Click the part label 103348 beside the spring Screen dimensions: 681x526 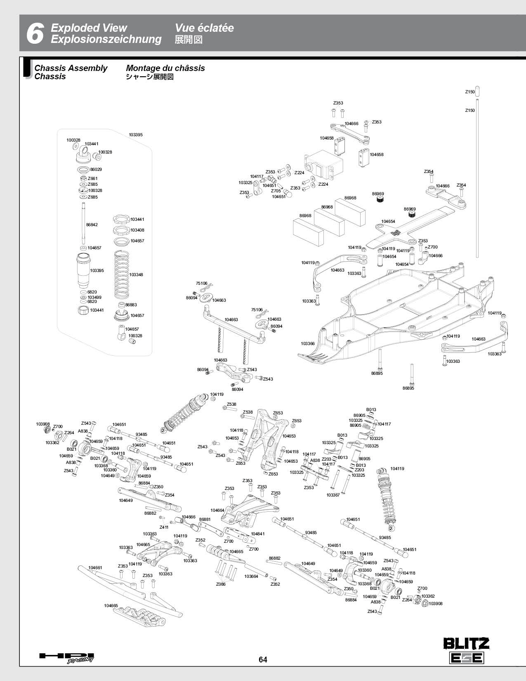[x=136, y=274]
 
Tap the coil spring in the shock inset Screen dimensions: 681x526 [x=122, y=274]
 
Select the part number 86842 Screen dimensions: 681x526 [x=92, y=225]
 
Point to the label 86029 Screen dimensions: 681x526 [x=96, y=169]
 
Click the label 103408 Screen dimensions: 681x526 [x=137, y=230]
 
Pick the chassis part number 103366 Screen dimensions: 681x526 [x=308, y=343]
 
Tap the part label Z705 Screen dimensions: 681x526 [x=276, y=191]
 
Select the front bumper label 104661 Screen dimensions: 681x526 [x=95, y=567]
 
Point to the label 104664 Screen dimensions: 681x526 [x=217, y=510]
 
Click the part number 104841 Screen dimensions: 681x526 [x=257, y=534]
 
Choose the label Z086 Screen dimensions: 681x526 [x=221, y=584]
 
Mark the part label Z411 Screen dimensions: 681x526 [x=164, y=527]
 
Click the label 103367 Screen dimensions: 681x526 [x=333, y=495]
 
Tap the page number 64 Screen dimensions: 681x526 [x=263, y=660]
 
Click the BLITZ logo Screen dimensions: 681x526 [x=466, y=643]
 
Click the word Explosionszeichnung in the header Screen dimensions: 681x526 [x=106, y=39]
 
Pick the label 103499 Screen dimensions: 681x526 [x=94, y=297]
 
